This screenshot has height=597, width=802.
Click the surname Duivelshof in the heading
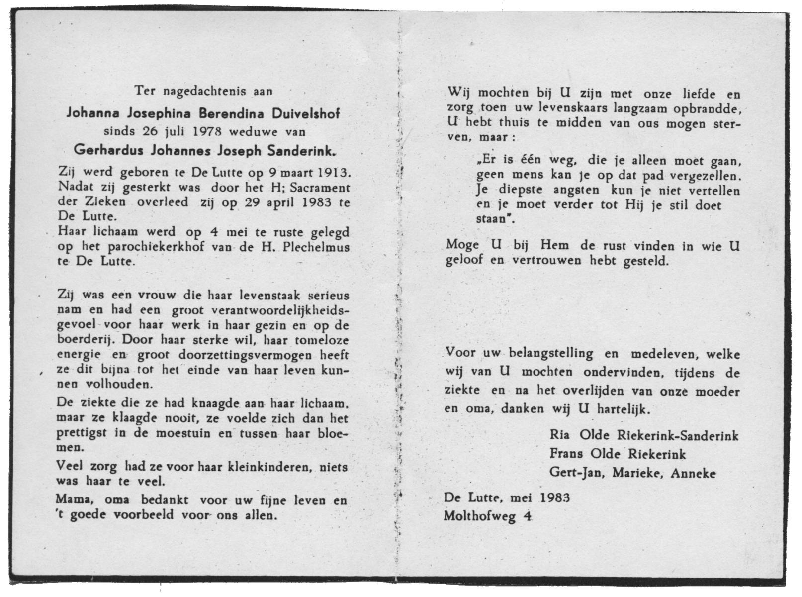click(306, 113)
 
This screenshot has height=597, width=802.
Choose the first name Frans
click(566, 454)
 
